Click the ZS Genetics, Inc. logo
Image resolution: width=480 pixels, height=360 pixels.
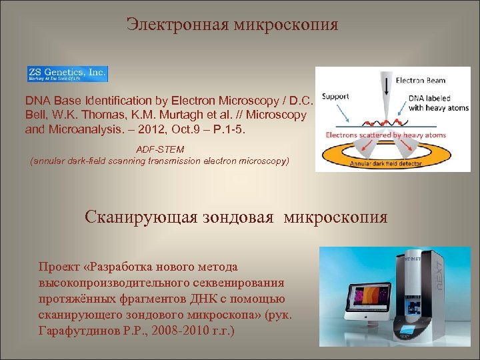pyautogui.click(x=67, y=73)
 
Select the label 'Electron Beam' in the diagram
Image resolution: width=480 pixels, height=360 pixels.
pyautogui.click(x=421, y=81)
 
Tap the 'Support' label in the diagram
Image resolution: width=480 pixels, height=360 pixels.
pyautogui.click(x=335, y=96)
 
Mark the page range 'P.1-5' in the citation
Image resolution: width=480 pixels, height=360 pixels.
pyautogui.click(x=229, y=129)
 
